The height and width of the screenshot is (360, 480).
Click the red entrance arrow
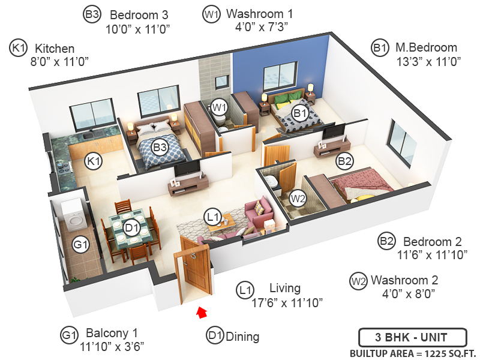coord(202,311)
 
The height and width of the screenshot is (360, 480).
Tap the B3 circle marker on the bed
coord(160,146)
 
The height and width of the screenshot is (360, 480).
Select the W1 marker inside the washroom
coord(220,108)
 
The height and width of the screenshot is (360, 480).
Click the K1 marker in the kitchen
coord(93,161)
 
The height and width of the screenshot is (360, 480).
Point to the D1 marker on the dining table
coord(133,227)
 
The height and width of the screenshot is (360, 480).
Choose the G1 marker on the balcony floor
coord(81,244)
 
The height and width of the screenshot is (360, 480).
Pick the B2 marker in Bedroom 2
coord(344,161)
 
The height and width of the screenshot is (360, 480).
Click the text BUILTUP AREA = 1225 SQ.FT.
coord(411,353)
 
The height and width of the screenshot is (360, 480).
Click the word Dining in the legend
coord(242,337)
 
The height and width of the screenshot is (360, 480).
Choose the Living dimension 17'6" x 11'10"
coord(287,302)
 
